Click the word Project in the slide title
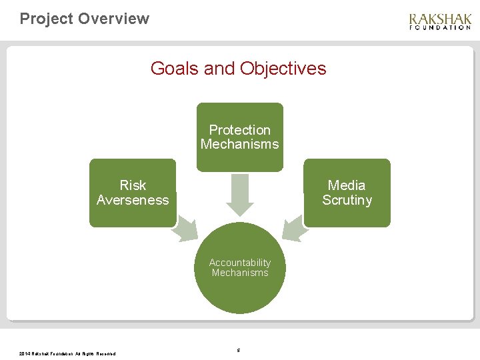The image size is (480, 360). pyautogui.click(x=46, y=19)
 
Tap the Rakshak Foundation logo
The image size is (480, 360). pyautogui.click(x=440, y=21)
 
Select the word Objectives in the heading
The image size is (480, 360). pyautogui.click(x=283, y=69)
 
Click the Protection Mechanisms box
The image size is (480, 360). pyautogui.click(x=239, y=137)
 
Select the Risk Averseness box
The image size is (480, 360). pyautogui.click(x=133, y=193)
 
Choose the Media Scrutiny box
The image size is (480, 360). pyautogui.click(x=347, y=193)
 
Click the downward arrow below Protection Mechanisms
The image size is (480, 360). pyautogui.click(x=239, y=193)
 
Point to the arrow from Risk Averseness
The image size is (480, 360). pyautogui.click(x=185, y=228)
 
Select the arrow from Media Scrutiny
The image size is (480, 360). pyautogui.click(x=294, y=228)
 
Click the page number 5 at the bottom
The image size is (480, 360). pyautogui.click(x=239, y=350)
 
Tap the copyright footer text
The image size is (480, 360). pyautogui.click(x=67, y=353)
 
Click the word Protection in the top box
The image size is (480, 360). pyautogui.click(x=239, y=130)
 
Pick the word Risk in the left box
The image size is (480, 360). pyautogui.click(x=133, y=185)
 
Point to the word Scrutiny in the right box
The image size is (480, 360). pyautogui.click(x=347, y=200)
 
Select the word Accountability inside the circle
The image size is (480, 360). pyautogui.click(x=239, y=263)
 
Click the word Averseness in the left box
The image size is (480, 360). pyautogui.click(x=133, y=200)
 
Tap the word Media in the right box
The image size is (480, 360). pyautogui.click(x=347, y=185)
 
